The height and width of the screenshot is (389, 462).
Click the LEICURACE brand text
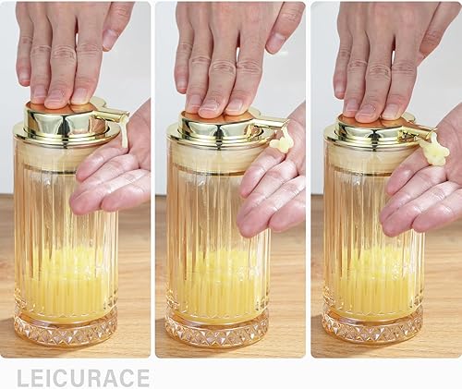point(83,377)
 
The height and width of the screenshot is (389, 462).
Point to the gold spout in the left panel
point(114,115)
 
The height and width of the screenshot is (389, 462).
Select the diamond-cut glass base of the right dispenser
point(372,325)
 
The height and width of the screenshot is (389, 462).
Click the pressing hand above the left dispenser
point(69,46)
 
